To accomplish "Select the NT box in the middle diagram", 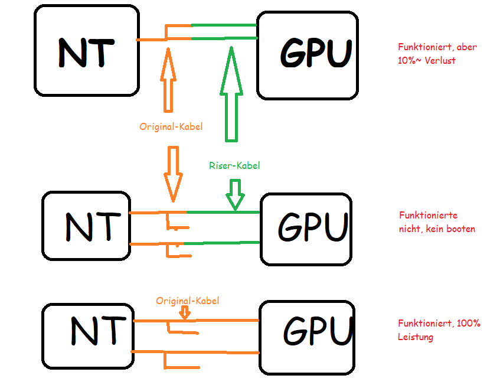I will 86,226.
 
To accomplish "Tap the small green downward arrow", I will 236,195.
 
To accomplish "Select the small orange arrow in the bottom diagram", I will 185,312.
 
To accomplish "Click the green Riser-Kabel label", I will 234,166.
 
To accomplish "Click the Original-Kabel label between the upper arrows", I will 171,126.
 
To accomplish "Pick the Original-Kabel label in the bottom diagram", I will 187,301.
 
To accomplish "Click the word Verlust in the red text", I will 440,60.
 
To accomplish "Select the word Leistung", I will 416,337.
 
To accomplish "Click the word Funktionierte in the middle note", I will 428,216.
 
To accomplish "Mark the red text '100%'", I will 469,324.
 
